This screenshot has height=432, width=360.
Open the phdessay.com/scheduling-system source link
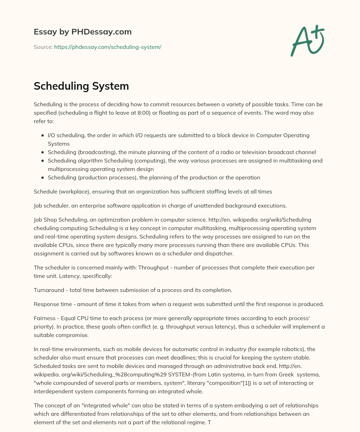[x=108, y=47]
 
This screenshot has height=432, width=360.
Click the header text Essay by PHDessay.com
[x=83, y=32]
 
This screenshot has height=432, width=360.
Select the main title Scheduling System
[x=81, y=86]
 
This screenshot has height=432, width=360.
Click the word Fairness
[x=45, y=318]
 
